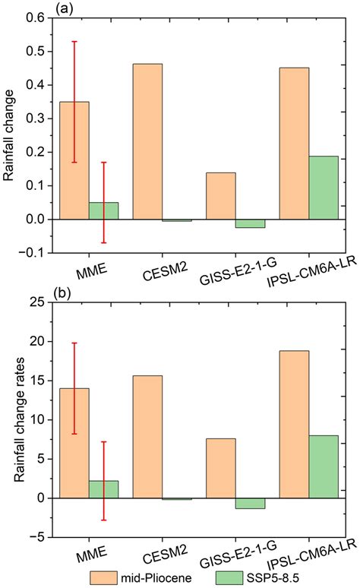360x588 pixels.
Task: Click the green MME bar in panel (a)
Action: click(x=104, y=210)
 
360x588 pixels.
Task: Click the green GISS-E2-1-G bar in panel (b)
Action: click(x=251, y=503)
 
